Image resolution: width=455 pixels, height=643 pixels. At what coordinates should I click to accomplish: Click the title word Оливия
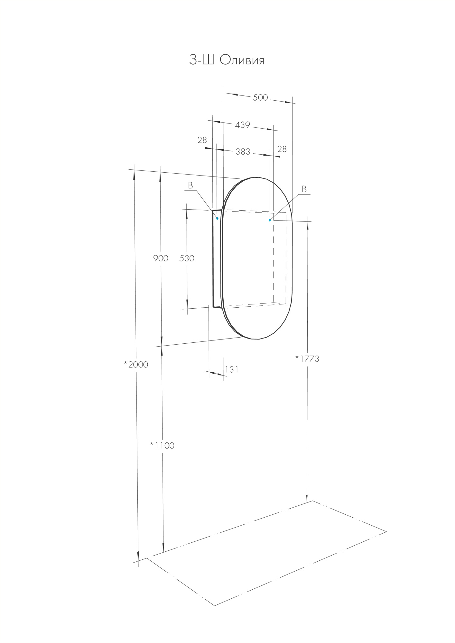242,60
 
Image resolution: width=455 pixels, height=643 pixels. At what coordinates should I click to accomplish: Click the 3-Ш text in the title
202,60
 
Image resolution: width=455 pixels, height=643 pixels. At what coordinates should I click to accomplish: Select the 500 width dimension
260,97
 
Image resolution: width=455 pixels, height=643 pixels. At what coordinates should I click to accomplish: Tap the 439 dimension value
242,125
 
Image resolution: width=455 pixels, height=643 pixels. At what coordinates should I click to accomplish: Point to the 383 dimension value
243,152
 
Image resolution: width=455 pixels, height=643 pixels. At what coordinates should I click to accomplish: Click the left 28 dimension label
202,140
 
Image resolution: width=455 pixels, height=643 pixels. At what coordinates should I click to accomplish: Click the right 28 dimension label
282,149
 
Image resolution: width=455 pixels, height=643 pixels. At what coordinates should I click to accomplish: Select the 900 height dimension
161,258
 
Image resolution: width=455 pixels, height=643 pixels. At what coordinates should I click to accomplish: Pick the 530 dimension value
187,258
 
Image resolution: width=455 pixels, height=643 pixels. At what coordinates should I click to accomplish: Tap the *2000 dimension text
136,364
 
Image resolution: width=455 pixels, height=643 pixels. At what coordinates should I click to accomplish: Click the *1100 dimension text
162,445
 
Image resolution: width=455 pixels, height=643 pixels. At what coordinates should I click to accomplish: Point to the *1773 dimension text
307,359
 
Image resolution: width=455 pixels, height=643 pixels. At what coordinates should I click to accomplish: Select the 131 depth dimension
232,369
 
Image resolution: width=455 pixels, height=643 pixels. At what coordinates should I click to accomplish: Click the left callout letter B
190,186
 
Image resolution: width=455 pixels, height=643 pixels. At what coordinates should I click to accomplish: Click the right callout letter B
304,189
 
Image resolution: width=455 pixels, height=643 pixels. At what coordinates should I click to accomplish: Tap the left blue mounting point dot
218,218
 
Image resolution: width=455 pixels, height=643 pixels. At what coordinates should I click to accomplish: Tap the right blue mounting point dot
270,220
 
